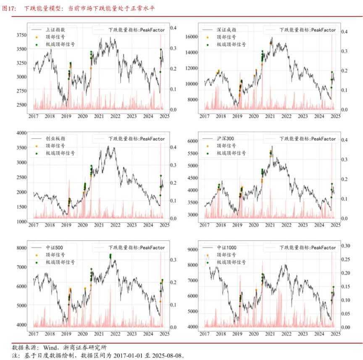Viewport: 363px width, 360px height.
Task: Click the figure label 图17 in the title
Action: [x=8, y=8]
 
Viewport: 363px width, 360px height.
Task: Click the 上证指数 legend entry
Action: [x=55, y=30]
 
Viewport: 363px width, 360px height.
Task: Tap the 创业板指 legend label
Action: [x=55, y=139]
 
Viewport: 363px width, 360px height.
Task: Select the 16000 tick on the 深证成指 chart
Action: [x=192, y=37]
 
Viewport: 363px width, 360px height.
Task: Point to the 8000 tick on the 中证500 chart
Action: [x=22, y=248]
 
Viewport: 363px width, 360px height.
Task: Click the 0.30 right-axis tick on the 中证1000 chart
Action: [x=346, y=246]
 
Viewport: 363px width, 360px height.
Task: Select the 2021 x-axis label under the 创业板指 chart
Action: [x=99, y=226]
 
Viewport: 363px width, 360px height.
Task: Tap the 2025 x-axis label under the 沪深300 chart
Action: [x=335, y=226]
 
